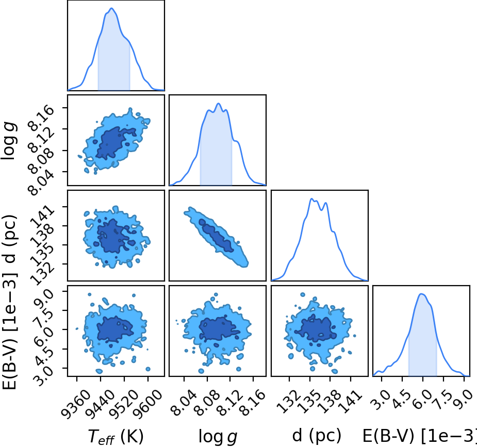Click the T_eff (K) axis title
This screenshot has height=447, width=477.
tap(116, 437)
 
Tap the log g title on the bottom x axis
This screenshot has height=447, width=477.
tap(218, 437)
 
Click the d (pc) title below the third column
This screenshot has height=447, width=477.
tap(317, 436)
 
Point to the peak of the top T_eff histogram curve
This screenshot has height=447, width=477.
tap(111, 8)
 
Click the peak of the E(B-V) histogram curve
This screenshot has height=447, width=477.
tap(421, 294)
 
